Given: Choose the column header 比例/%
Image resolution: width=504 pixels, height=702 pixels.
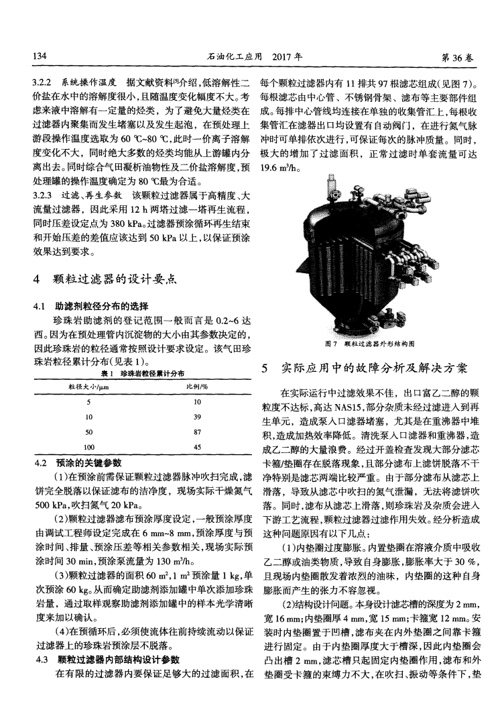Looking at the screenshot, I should [x=196, y=386].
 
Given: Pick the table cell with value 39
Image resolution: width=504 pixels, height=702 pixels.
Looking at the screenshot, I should [x=196, y=416].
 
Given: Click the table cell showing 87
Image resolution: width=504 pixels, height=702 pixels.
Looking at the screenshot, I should [x=196, y=432].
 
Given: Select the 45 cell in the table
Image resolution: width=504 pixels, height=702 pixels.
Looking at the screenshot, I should [x=196, y=446].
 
